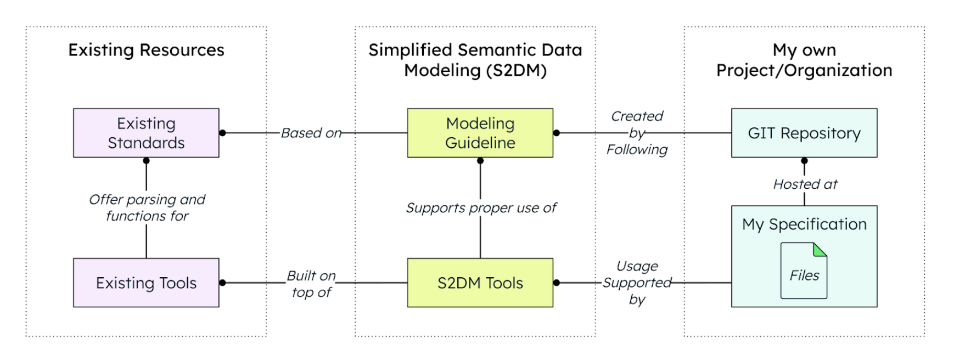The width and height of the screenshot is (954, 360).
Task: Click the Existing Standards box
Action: (x=146, y=133)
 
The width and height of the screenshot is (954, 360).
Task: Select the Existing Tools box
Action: (x=146, y=283)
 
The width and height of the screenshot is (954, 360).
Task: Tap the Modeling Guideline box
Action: (x=480, y=133)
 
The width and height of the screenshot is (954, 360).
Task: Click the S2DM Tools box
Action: (x=480, y=283)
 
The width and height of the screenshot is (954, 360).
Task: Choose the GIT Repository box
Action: (x=804, y=133)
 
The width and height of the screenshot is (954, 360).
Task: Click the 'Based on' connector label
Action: (x=311, y=133)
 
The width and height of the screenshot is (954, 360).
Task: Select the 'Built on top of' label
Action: (x=311, y=284)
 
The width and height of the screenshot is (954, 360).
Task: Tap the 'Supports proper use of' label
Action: (x=481, y=208)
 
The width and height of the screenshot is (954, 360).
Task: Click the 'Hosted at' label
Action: (x=805, y=184)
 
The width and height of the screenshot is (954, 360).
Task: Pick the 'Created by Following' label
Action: (x=637, y=133)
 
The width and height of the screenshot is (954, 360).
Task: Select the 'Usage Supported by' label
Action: (x=637, y=283)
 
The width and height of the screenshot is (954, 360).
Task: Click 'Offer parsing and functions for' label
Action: (x=147, y=207)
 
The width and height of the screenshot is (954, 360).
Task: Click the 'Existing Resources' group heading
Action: (x=146, y=50)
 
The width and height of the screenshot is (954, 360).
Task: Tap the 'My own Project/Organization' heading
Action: (x=804, y=60)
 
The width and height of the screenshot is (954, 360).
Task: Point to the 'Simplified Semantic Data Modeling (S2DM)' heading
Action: (x=475, y=60)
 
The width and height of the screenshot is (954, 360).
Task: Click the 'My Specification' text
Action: (x=804, y=224)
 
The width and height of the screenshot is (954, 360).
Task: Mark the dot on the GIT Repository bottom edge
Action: (x=804, y=161)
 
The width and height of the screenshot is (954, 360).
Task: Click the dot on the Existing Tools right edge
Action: (x=222, y=283)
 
